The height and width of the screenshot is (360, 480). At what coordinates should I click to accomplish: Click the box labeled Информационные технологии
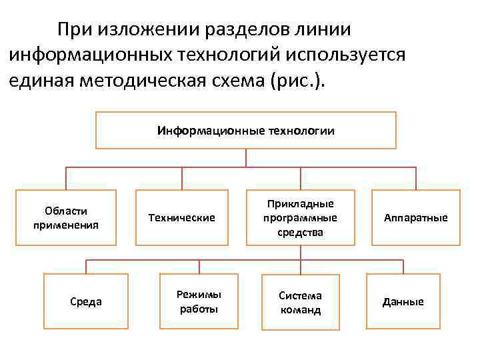(246, 130)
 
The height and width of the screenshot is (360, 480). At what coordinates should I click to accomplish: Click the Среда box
(85, 302)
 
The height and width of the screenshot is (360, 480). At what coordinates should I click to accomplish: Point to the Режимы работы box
(199, 302)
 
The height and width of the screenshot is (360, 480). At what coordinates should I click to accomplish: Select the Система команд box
(301, 302)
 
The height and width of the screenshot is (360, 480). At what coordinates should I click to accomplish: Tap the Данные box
(403, 302)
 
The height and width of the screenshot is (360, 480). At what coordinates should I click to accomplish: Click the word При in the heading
(74, 29)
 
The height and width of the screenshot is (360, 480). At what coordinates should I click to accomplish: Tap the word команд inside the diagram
(301, 310)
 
